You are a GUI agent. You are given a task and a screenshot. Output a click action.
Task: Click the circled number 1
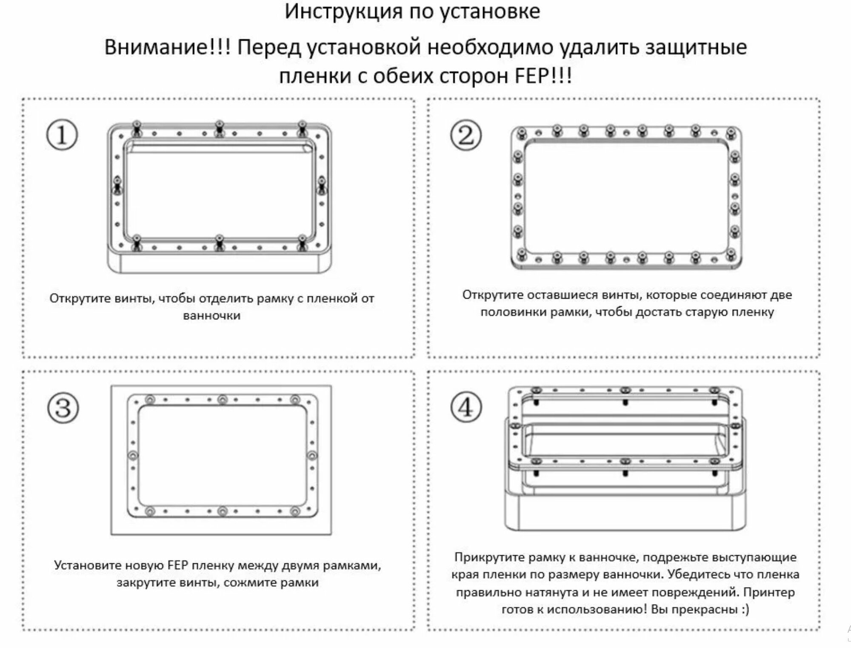click(62, 135)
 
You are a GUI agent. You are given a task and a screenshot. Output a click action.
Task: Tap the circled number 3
click(63, 408)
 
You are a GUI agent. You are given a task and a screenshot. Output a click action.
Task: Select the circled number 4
click(466, 407)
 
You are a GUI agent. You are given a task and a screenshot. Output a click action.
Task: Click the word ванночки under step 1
click(211, 316)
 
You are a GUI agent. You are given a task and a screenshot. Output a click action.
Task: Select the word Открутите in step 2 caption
click(494, 295)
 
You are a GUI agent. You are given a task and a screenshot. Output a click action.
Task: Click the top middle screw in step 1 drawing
click(219, 127)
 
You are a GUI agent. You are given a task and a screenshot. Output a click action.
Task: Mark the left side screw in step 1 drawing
click(117, 186)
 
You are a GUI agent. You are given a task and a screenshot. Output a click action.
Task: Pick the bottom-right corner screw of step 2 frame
click(731, 254)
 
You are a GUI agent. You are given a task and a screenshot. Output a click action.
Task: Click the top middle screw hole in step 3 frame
click(222, 400)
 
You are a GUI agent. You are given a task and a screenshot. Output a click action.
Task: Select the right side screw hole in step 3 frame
click(312, 455)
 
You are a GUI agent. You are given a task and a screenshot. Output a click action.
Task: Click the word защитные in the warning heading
click(696, 47)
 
